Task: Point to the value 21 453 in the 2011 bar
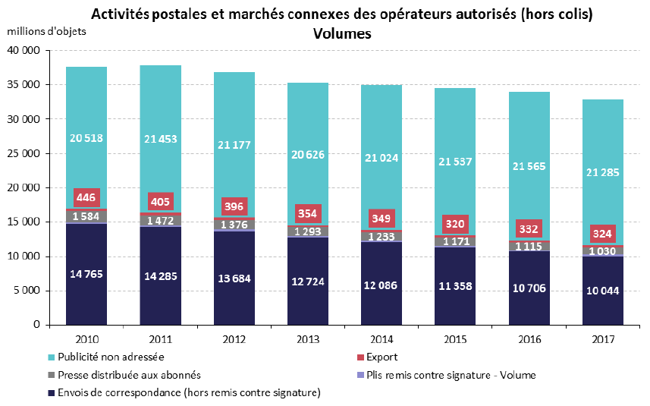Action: [x=159, y=137]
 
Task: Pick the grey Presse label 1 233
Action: [x=381, y=237]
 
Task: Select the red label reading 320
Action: [x=454, y=225]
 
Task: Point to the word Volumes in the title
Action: [x=341, y=34]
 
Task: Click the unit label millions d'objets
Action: [x=47, y=32]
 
